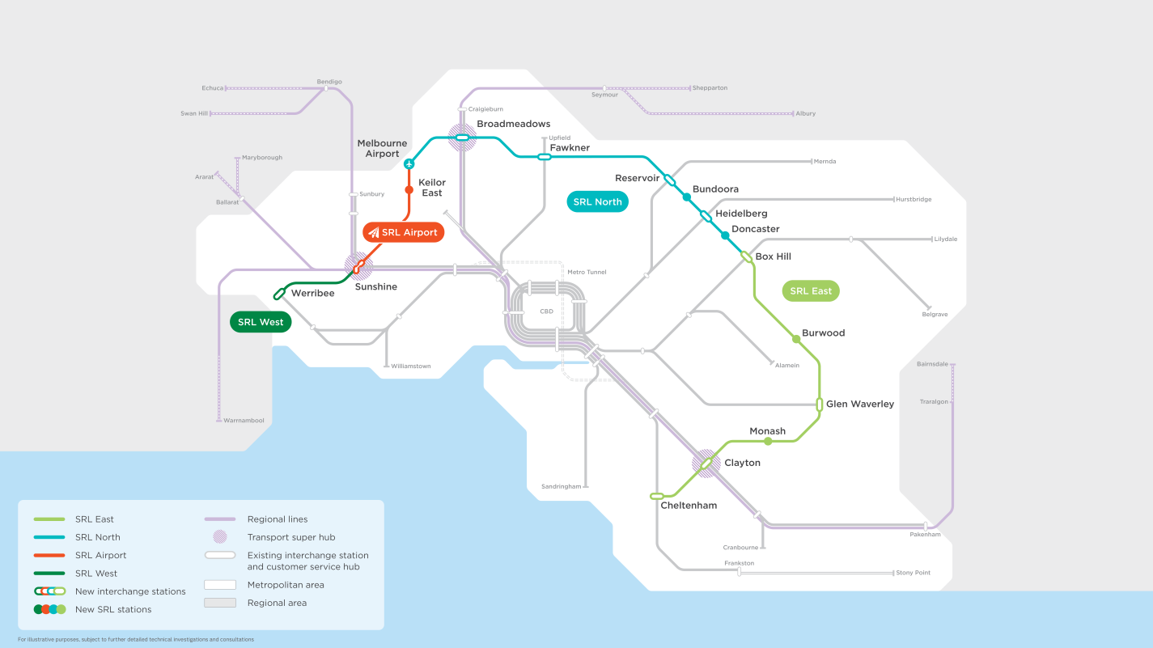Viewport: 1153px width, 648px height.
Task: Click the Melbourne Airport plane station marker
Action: (x=409, y=164)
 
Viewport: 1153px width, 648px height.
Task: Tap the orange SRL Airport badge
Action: (x=404, y=232)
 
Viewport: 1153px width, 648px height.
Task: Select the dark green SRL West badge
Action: (x=261, y=322)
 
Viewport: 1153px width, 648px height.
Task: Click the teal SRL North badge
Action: (x=597, y=201)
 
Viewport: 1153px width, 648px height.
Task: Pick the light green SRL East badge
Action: (x=811, y=291)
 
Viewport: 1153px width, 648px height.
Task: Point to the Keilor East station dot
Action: (x=409, y=191)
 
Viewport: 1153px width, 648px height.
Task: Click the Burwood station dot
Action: (x=796, y=340)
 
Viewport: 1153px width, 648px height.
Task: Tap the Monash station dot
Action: (x=768, y=442)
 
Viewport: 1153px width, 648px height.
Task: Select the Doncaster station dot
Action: (x=725, y=235)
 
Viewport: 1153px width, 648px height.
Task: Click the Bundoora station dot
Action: (x=686, y=197)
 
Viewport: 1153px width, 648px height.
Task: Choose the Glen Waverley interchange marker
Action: (x=820, y=404)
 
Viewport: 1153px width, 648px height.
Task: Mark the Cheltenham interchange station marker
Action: (x=657, y=496)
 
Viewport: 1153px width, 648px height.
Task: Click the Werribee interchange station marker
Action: (x=279, y=293)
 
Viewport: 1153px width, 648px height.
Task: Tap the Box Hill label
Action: (x=773, y=256)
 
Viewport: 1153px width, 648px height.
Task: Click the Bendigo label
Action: (x=329, y=82)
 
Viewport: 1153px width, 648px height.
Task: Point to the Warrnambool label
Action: (x=244, y=421)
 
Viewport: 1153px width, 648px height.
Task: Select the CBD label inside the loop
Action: (x=547, y=311)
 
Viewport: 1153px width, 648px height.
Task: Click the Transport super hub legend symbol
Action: (x=219, y=537)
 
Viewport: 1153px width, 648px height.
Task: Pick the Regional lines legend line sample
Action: (x=219, y=519)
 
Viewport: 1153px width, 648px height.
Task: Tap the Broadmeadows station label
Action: (x=513, y=124)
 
